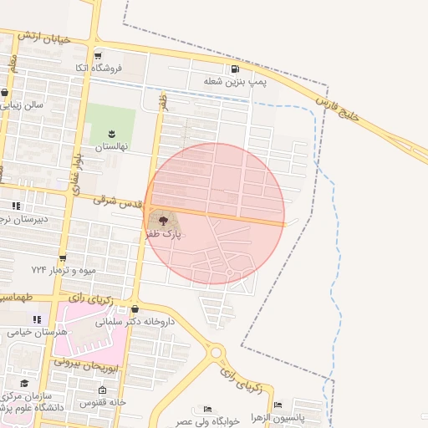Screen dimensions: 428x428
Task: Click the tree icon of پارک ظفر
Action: click(161, 221)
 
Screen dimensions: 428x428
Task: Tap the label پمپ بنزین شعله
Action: click(236, 83)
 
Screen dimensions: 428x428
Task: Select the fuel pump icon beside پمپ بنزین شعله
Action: click(236, 69)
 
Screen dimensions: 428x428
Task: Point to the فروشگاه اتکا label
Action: click(99, 68)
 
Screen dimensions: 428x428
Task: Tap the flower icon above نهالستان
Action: click(111, 133)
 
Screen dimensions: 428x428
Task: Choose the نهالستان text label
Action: click(110, 146)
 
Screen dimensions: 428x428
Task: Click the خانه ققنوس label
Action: click(102, 402)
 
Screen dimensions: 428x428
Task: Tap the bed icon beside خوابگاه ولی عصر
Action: click(206, 410)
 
